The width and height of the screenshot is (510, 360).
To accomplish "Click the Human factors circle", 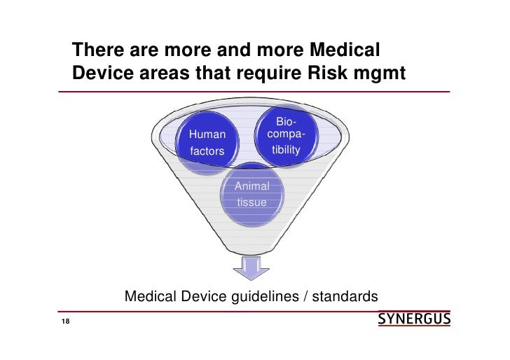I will pos(207,141).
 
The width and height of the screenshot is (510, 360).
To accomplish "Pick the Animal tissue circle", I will pos(251,194).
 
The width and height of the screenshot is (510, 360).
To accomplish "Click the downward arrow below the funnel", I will pos(251,269).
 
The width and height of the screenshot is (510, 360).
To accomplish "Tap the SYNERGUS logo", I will pos(414,320).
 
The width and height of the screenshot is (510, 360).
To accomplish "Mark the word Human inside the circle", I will pos(207,134).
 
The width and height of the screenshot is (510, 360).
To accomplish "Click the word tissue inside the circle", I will pos(251,202).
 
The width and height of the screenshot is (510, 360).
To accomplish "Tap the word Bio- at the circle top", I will pos(286,123).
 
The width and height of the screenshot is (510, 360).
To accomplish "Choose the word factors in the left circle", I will pos(207,151).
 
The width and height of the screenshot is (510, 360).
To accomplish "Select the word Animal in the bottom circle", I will pos(251,186).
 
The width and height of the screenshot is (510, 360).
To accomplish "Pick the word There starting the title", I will pos(99,51).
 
